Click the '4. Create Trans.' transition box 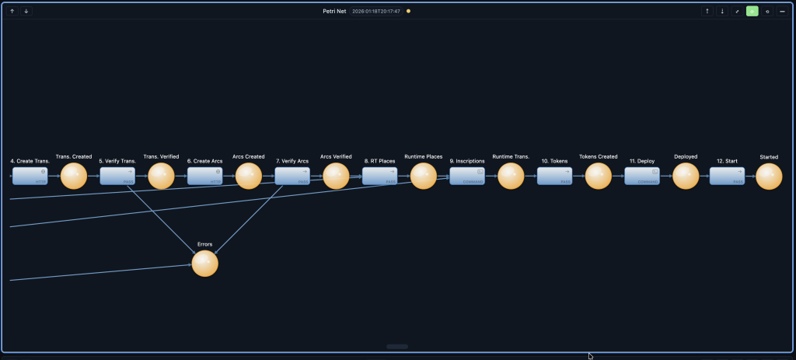(30, 176)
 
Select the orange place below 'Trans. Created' (74, 176)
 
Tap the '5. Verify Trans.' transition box (117, 176)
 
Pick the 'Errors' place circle (205, 263)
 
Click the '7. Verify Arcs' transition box (292, 176)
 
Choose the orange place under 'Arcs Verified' (336, 176)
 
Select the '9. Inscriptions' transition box (467, 176)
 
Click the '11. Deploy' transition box (642, 176)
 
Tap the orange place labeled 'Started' (769, 176)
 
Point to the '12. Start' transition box (727, 176)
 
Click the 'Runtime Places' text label (424, 157)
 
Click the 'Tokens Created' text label (599, 157)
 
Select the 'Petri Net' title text (335, 12)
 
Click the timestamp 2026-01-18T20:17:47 (376, 12)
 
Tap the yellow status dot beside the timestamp (409, 12)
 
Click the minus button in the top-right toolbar (782, 12)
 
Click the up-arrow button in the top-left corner (12, 12)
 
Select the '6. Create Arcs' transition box (205, 176)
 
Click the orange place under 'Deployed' (686, 176)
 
